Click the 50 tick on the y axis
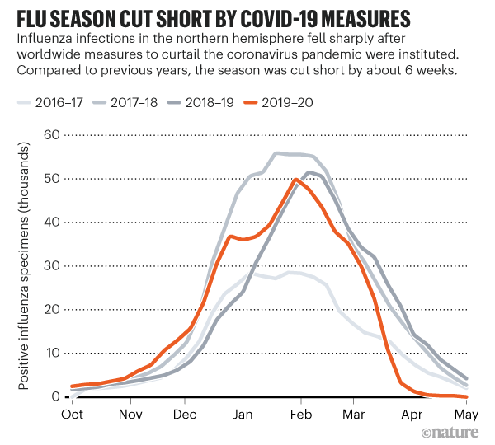tap(52, 177)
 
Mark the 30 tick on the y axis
tap(52, 265)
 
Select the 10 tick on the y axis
tap(52, 353)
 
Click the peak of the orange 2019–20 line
tap(297, 179)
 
